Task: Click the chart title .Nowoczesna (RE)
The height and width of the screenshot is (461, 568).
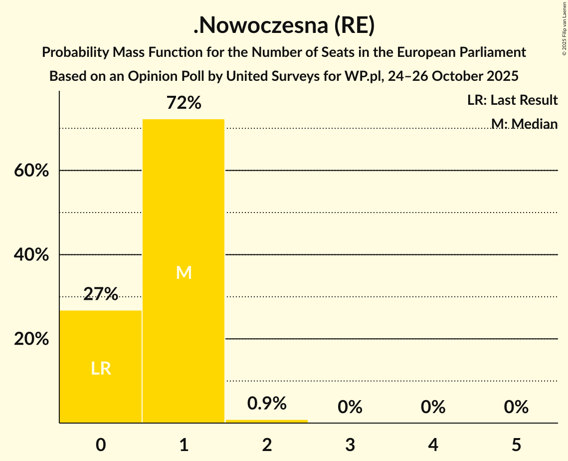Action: [x=284, y=26]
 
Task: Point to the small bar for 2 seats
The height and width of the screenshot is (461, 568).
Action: [x=267, y=421]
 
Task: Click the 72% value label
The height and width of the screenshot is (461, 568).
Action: [x=184, y=103]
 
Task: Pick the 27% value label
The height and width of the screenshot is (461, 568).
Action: [x=101, y=294]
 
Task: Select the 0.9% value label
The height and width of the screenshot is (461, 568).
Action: [x=267, y=403]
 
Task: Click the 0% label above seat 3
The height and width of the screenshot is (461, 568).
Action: [x=350, y=407]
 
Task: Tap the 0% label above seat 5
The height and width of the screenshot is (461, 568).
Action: [x=516, y=407]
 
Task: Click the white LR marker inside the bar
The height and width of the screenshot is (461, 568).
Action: [x=101, y=369]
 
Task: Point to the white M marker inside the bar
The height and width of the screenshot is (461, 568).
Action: [x=184, y=272]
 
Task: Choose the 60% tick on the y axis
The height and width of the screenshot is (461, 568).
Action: [x=31, y=171]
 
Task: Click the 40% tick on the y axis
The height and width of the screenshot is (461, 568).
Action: [x=31, y=255]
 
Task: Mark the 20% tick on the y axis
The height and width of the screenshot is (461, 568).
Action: [x=31, y=339]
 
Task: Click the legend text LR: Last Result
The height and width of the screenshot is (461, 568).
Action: [x=512, y=100]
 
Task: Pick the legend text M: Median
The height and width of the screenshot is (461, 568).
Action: [x=524, y=123]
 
